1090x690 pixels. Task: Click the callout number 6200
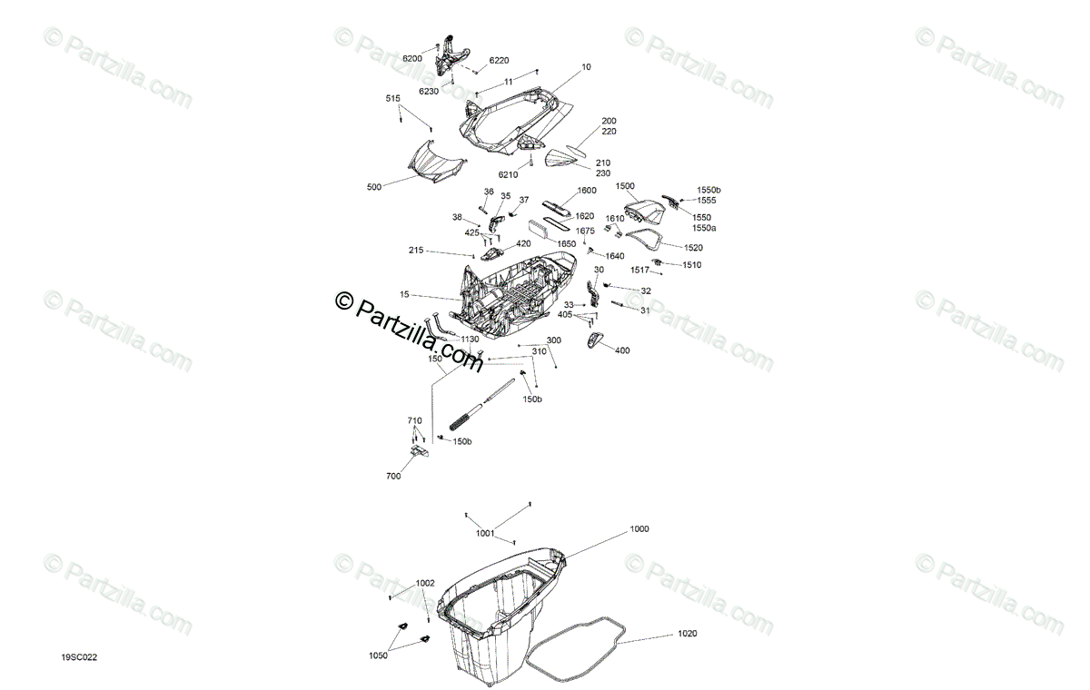(x=412, y=58)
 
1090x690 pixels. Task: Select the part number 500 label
(x=374, y=188)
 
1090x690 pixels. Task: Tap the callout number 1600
(x=587, y=191)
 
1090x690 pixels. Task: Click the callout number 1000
(x=639, y=528)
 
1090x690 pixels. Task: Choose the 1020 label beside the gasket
(x=688, y=635)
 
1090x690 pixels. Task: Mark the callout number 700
(x=393, y=475)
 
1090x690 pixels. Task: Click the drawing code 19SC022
(x=79, y=657)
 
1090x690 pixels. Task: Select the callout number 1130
(x=470, y=340)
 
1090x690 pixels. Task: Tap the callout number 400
(x=622, y=350)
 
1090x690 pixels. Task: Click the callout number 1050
(x=378, y=655)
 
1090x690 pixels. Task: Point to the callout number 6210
(x=508, y=174)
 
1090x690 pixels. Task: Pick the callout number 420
(x=524, y=244)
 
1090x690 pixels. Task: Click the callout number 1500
(x=625, y=185)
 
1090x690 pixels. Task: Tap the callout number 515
(x=392, y=98)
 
